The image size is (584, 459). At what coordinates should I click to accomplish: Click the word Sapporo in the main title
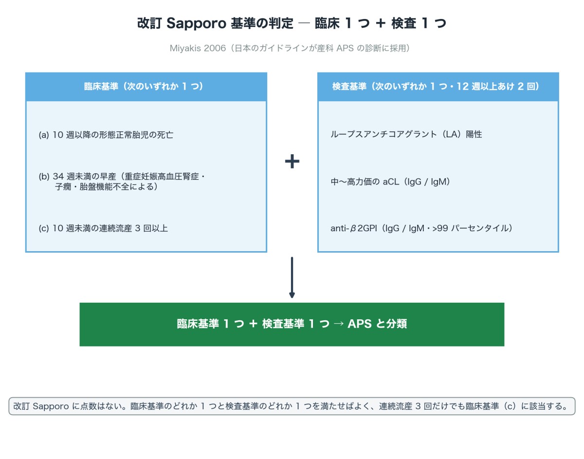(197, 23)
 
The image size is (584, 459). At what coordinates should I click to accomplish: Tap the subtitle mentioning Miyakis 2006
(290, 48)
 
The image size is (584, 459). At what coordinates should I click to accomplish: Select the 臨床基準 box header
(146, 87)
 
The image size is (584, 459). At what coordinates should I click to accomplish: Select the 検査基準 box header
(438, 87)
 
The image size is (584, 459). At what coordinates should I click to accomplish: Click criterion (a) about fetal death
(106, 135)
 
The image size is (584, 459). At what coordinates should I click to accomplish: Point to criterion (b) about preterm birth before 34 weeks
(122, 182)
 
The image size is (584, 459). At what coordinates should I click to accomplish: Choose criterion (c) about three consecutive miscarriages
(103, 228)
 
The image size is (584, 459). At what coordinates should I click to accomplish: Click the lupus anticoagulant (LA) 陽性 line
(406, 134)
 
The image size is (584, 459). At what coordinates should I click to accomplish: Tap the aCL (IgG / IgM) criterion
(390, 182)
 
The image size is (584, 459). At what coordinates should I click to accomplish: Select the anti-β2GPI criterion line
(421, 228)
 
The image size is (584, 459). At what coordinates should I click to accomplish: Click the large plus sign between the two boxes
(292, 161)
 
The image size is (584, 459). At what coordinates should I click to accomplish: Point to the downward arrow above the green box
(292, 277)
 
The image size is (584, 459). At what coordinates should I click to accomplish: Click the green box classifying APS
(292, 324)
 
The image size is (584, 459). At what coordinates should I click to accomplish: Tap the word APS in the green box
(360, 324)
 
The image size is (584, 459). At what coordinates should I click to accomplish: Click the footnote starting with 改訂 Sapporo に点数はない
(292, 406)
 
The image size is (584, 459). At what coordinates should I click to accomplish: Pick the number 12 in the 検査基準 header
(462, 86)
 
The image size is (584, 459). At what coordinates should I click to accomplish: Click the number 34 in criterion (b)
(58, 177)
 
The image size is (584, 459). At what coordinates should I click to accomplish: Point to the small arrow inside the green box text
(338, 324)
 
